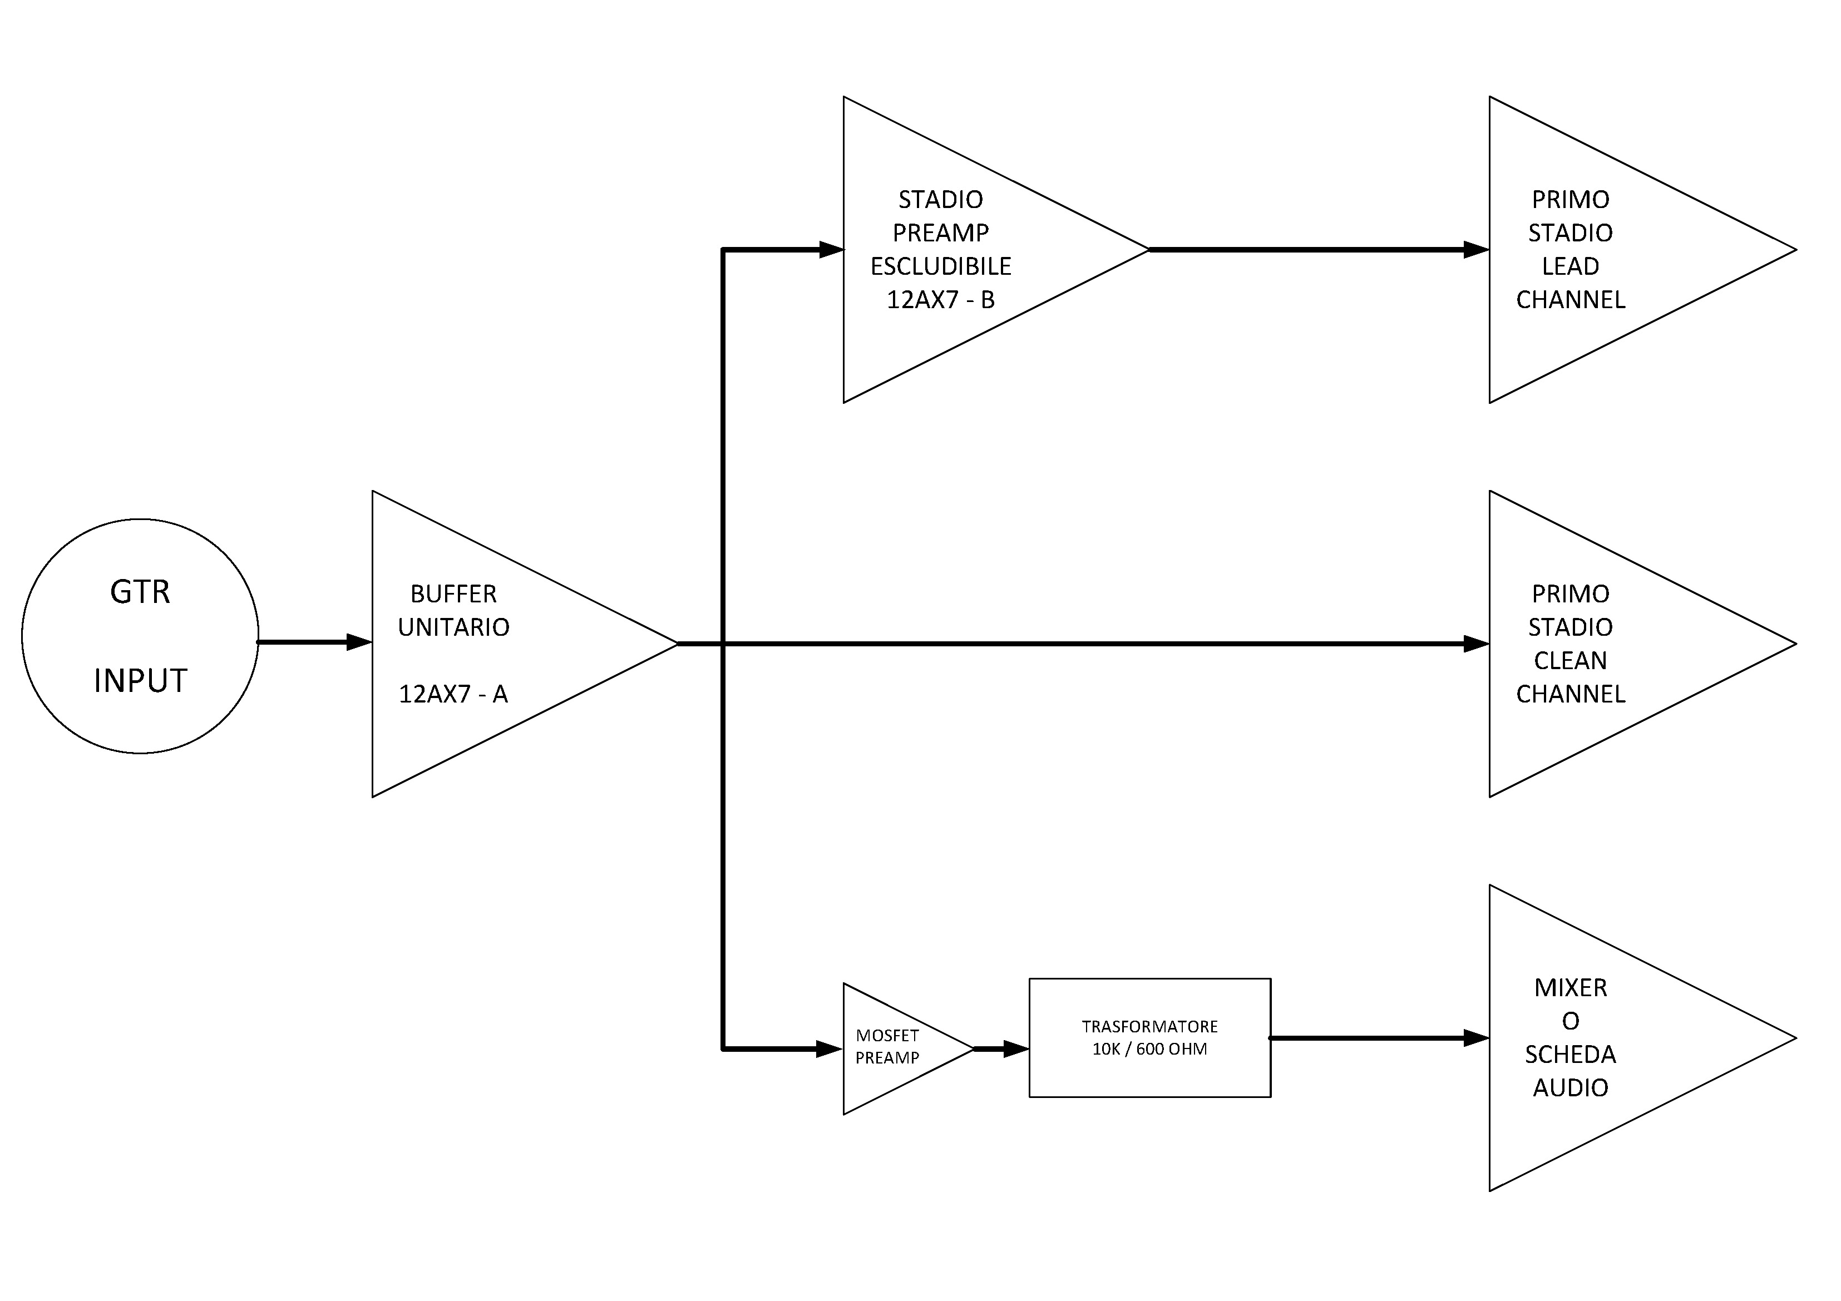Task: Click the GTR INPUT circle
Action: tap(140, 636)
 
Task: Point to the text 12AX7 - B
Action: tap(941, 300)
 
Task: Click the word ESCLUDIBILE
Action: tap(941, 266)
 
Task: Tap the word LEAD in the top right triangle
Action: tap(1570, 266)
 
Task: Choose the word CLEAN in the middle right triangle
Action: tap(1570, 661)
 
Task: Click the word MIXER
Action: tap(1570, 988)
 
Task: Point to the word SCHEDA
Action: tap(1570, 1054)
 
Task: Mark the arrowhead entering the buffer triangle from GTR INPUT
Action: tap(358, 642)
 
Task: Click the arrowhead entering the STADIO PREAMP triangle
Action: tap(832, 249)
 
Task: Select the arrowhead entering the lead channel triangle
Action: tap(1476, 249)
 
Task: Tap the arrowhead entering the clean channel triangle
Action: tap(1476, 644)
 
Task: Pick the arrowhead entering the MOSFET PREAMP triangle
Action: tap(829, 1048)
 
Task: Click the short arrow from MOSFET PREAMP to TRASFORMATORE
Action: tap(1003, 1048)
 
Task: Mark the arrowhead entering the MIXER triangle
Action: tap(1476, 1038)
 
